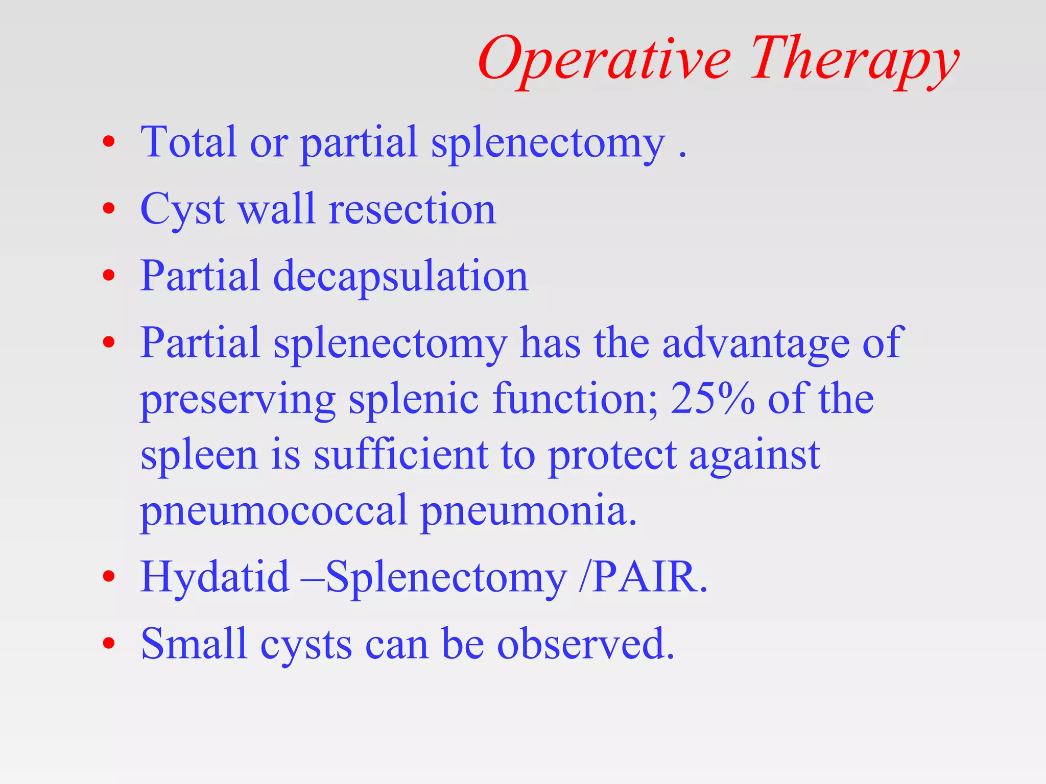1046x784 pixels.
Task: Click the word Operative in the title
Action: pyautogui.click(x=605, y=60)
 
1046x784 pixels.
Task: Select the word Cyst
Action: pyautogui.click(x=182, y=210)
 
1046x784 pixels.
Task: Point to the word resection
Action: pyautogui.click(x=412, y=210)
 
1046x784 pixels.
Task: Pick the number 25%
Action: pyautogui.click(x=712, y=399)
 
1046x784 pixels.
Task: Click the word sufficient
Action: pyautogui.click(x=400, y=455)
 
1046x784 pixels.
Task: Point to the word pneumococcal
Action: pyautogui.click(x=273, y=511)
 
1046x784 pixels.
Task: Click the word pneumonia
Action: pyautogui.click(x=528, y=511)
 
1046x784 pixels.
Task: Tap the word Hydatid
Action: pyautogui.click(x=215, y=577)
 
